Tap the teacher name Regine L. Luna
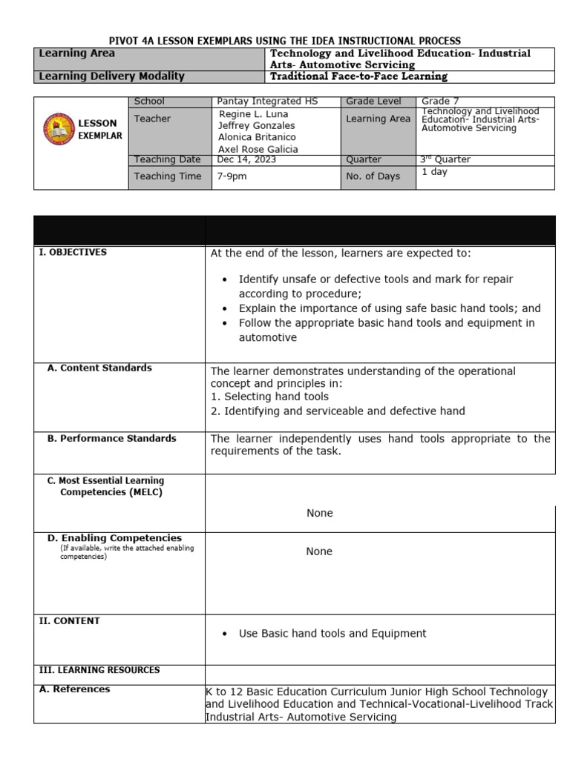click(253, 114)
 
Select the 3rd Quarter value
click(445, 159)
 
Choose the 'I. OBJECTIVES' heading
click(73, 252)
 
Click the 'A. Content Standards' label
click(99, 368)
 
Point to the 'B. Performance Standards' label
click(112, 438)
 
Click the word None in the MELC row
click(319, 514)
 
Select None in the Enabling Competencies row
click(319, 551)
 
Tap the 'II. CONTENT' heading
click(69, 621)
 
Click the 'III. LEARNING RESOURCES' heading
click(99, 670)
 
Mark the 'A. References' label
click(74, 689)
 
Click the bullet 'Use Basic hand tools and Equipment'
click(332, 634)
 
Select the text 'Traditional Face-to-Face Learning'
click(359, 76)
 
